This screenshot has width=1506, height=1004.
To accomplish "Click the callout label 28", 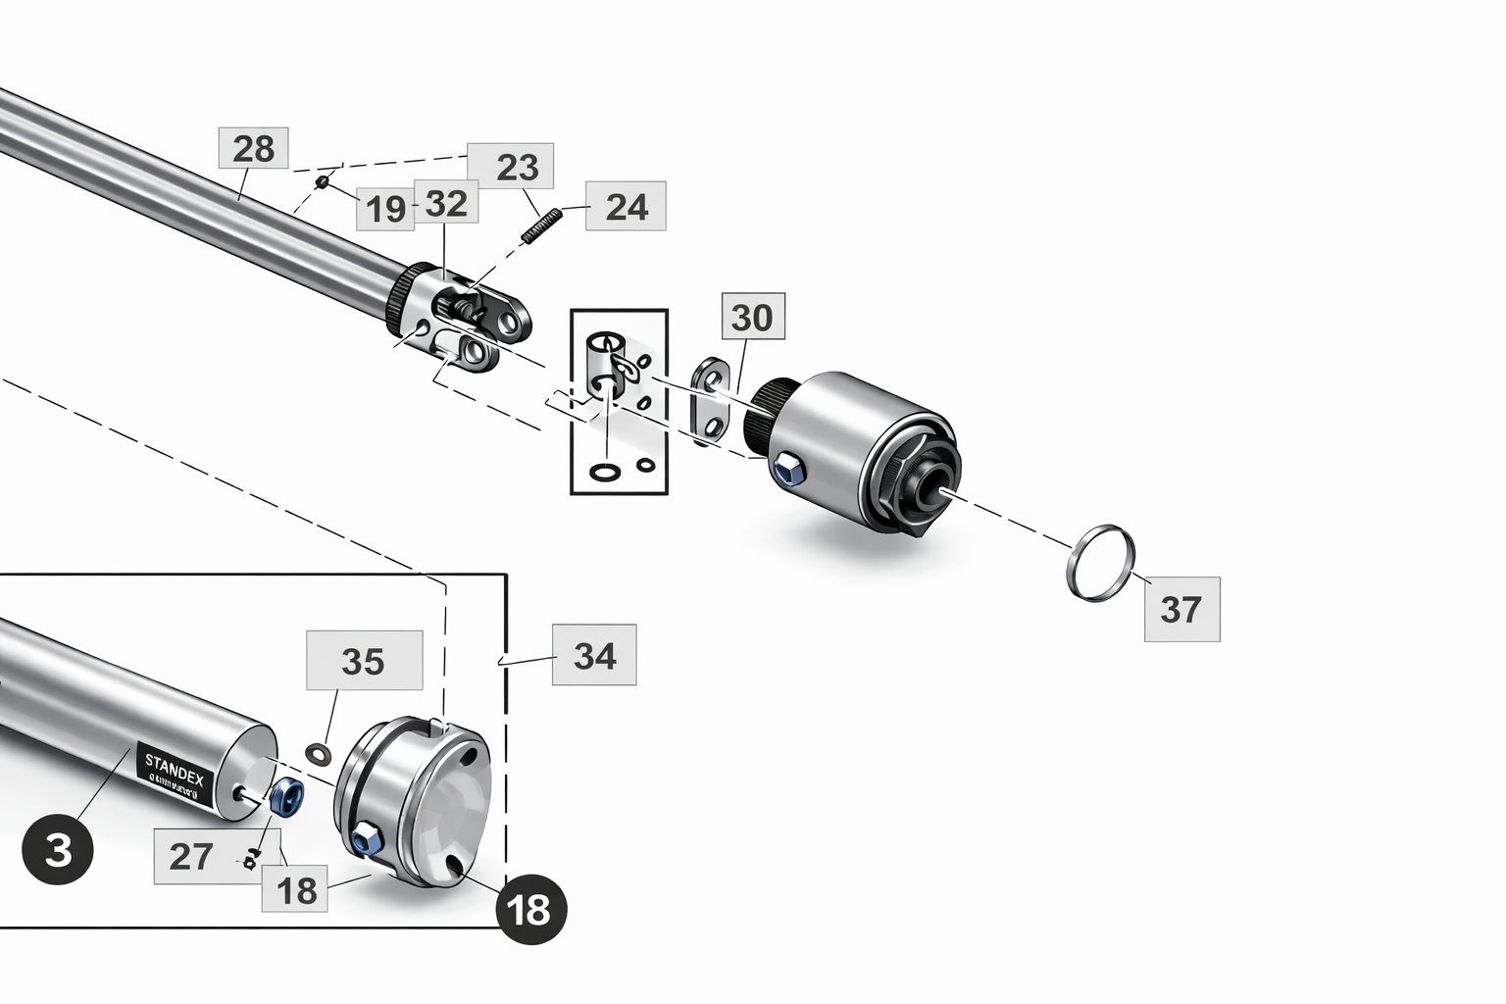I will pos(253,149).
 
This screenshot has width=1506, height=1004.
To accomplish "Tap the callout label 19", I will pos(385,209).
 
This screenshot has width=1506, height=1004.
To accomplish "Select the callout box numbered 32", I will pos(446,204).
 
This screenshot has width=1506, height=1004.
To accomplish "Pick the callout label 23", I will pos(518,167).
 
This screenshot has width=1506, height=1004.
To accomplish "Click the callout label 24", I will pos(627,207).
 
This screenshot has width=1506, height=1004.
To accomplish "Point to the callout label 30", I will pos(753,317).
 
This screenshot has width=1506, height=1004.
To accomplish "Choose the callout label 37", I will pos(1181,609).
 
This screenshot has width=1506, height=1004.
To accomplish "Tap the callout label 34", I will pos(594,655).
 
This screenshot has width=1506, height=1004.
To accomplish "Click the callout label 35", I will pos(363,661).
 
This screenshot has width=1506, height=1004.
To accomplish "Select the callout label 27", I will pos(190,856).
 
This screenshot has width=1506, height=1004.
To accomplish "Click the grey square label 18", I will pos(297,890).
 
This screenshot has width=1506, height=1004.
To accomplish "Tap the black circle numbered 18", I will pos(530,910).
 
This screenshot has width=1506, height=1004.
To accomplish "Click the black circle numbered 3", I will pos(58,849).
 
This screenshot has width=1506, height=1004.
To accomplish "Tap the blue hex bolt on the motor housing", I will pos(788,470).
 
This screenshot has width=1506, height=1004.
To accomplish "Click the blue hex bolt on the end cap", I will pos(366,838).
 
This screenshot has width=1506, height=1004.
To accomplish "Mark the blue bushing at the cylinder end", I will pos(287,796).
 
